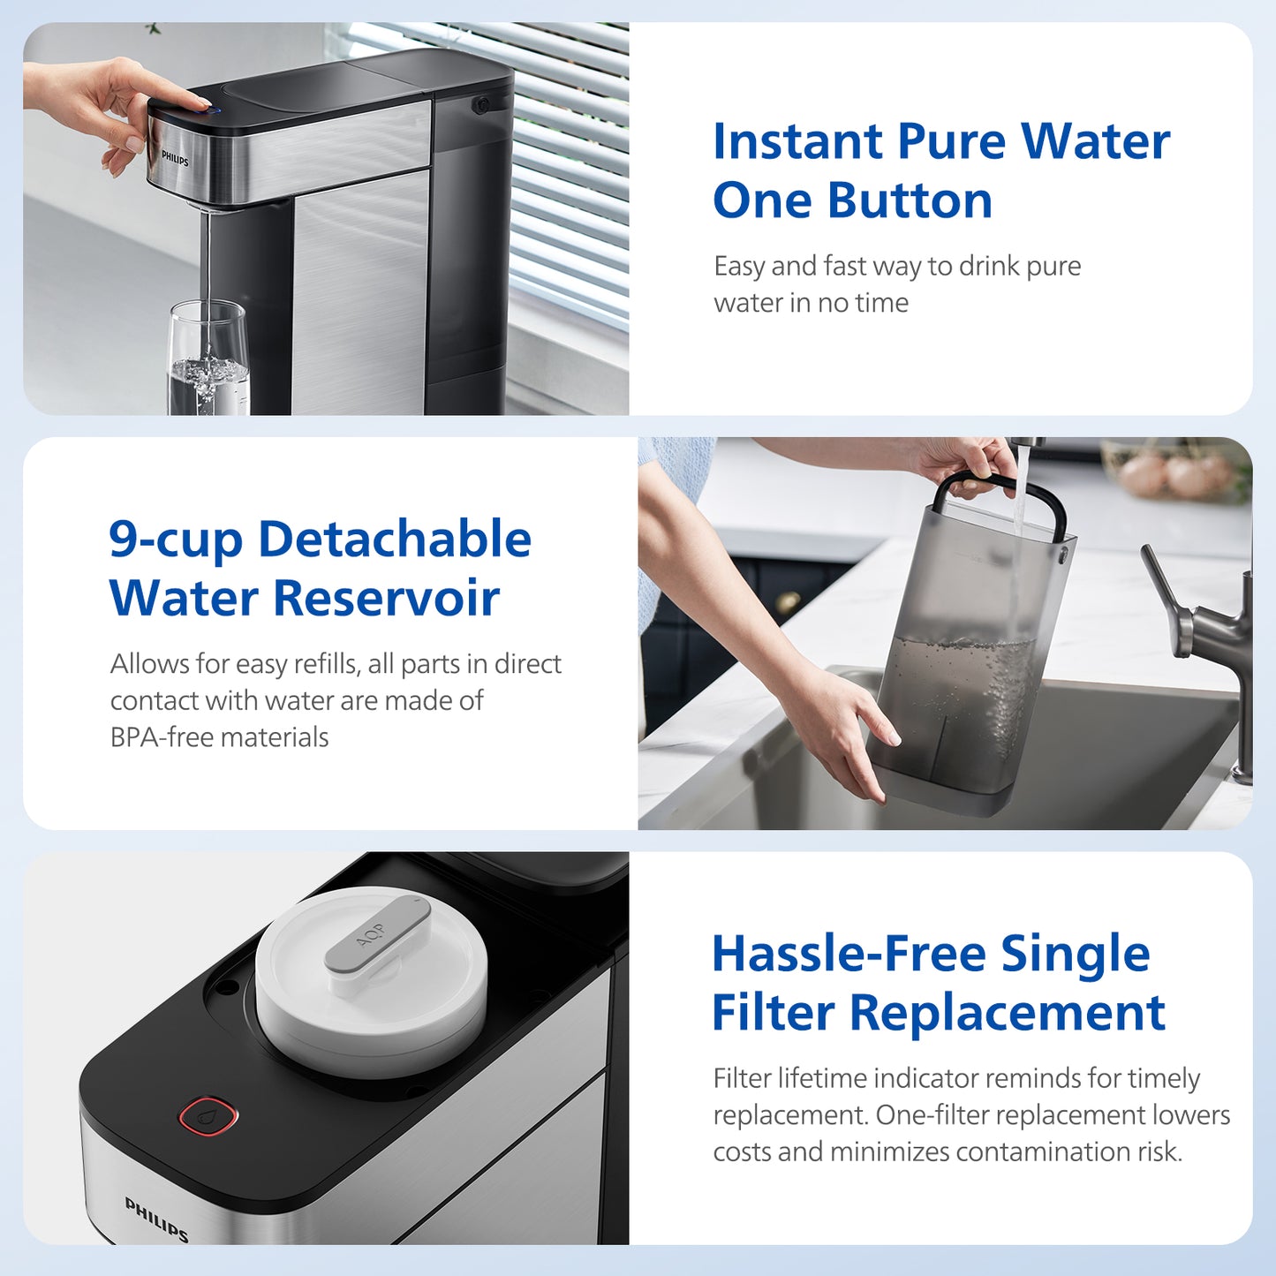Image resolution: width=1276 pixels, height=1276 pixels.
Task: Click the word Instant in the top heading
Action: (x=797, y=142)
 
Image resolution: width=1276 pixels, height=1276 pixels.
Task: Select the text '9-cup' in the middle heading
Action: (x=175, y=540)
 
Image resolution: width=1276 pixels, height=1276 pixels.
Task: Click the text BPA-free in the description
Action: (x=162, y=737)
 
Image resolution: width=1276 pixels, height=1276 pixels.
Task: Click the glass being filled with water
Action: (x=208, y=362)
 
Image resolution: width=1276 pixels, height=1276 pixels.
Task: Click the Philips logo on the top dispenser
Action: (x=175, y=159)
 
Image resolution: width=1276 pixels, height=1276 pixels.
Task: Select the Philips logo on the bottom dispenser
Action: (x=156, y=1219)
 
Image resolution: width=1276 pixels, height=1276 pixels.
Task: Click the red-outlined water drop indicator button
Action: (x=209, y=1115)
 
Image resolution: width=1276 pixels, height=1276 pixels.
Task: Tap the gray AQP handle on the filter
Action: (x=377, y=934)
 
